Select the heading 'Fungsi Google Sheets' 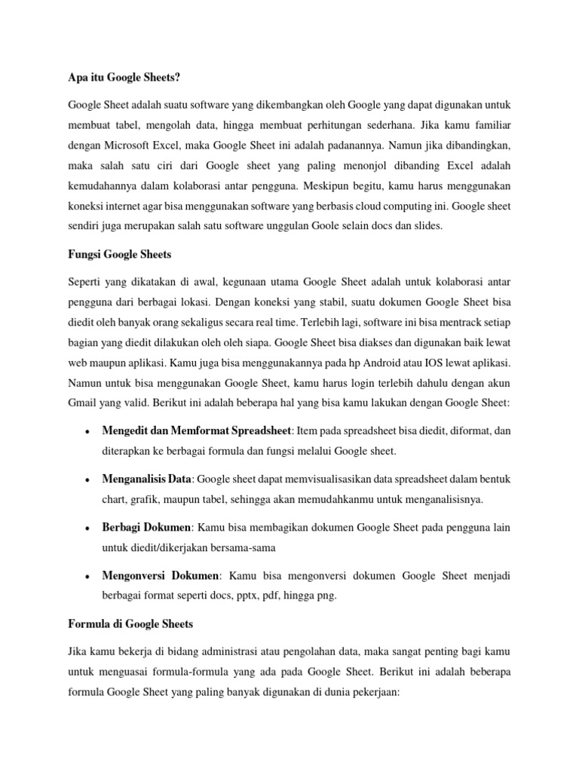pyautogui.click(x=119, y=255)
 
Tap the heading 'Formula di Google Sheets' pyautogui.click(x=130, y=623)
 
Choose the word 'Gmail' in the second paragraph pyautogui.click(x=83, y=403)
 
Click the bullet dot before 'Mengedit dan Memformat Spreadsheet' pyautogui.click(x=89, y=432)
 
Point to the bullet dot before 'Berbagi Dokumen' pyautogui.click(x=89, y=527)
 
